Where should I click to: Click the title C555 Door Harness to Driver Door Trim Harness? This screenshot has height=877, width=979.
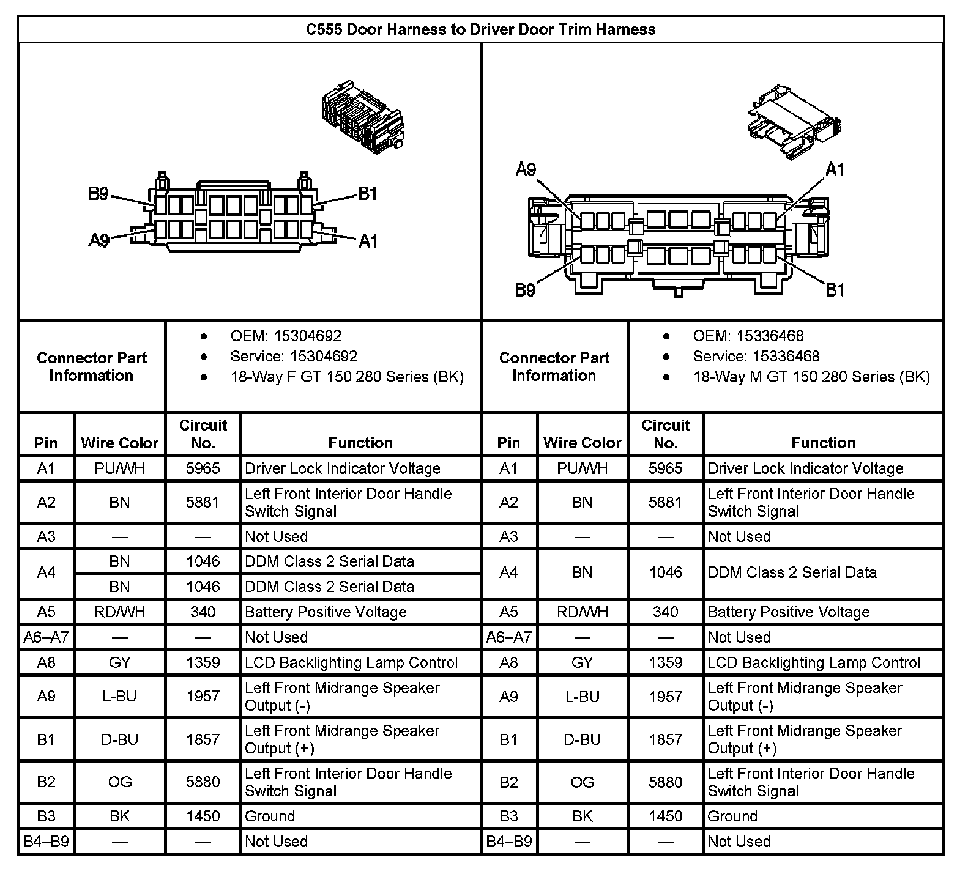(480, 29)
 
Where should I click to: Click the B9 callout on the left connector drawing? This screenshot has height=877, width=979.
(99, 194)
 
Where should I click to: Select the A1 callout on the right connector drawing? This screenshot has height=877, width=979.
(835, 169)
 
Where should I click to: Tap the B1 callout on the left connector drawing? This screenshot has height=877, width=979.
(367, 194)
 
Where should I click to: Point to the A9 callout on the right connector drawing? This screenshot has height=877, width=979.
(526, 169)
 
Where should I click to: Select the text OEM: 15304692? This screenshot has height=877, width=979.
(286, 336)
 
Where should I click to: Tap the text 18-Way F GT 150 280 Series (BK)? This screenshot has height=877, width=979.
(347, 377)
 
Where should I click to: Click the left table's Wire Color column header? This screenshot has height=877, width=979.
(119, 443)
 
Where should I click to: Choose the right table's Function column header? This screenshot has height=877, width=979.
(823, 443)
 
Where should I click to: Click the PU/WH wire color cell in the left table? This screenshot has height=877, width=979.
(119, 468)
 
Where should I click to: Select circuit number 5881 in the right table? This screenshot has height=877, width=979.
(665, 502)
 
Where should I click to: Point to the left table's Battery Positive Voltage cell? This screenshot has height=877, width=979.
(326, 612)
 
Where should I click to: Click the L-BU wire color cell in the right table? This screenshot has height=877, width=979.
(582, 697)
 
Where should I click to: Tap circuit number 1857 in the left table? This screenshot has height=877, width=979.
(203, 739)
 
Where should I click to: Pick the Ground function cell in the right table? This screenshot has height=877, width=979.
(732, 816)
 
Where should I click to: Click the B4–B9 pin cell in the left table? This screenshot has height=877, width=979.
(46, 842)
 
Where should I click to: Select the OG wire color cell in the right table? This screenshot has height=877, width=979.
(582, 782)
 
